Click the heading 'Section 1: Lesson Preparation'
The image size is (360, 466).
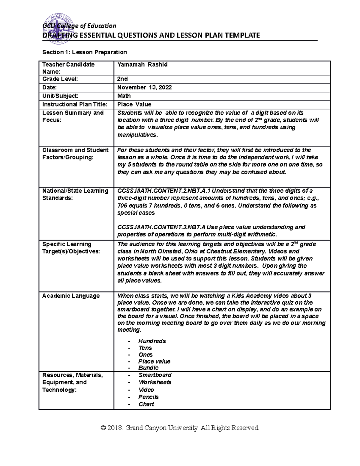[x=84, y=52]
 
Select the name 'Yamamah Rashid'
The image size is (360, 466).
[x=142, y=65]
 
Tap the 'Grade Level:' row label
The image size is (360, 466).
[x=60, y=79]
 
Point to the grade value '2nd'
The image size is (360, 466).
[x=122, y=79]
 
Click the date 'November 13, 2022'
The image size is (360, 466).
[x=144, y=87]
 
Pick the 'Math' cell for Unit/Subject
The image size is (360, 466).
[x=124, y=96]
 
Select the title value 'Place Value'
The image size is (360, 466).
[x=134, y=104]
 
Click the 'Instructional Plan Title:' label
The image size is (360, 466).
[x=74, y=104]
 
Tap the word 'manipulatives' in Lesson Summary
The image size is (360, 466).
[x=137, y=135]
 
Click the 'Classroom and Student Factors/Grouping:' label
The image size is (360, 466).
[x=75, y=154]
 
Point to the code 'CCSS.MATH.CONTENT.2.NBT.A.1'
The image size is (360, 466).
[x=164, y=191]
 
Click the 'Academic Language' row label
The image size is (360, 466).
[x=71, y=296]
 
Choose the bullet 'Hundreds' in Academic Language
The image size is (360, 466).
[x=152, y=341]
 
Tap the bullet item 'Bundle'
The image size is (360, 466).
[x=148, y=368]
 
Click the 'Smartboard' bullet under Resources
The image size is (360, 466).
[x=155, y=375]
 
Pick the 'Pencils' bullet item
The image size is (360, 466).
[x=148, y=397]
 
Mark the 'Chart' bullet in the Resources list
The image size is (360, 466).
[x=146, y=404]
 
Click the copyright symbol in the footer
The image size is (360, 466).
[x=103, y=428]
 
